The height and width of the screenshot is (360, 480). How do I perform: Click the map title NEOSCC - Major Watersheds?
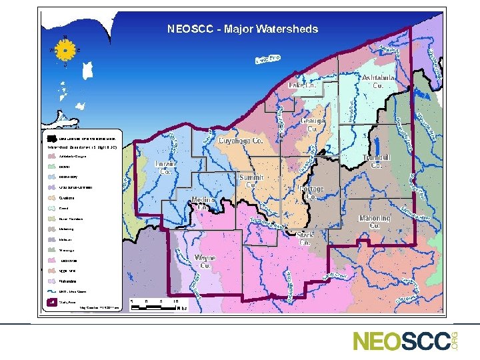[243, 29]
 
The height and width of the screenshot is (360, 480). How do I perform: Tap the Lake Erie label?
[268, 60]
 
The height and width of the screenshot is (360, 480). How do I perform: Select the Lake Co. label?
[303, 85]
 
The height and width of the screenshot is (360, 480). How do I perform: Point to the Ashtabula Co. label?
[377, 82]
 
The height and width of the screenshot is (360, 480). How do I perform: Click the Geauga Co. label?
[313, 125]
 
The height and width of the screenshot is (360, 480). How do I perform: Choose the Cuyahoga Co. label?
[241, 141]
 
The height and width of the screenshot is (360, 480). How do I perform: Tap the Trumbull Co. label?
[375, 161]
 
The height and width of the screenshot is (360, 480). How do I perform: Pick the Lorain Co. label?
[166, 167]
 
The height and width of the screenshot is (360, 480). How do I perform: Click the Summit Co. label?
[251, 182]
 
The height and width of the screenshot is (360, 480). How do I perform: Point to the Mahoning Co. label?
[375, 222]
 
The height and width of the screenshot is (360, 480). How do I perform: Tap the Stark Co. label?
[305, 239]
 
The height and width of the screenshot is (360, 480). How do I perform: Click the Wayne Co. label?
[205, 261]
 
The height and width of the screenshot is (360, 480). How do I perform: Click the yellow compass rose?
[65, 50]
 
